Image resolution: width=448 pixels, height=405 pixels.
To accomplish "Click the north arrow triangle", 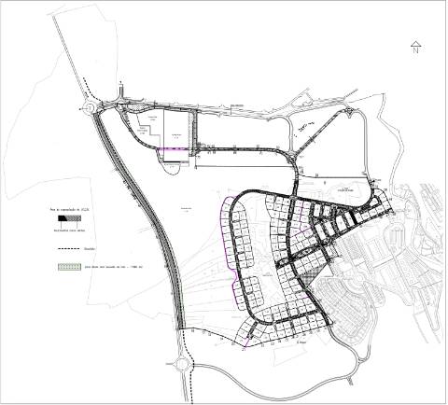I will [414, 44].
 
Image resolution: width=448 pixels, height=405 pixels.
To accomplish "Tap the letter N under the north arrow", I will [414, 52].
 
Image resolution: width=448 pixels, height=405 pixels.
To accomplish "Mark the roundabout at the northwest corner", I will [93, 106].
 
